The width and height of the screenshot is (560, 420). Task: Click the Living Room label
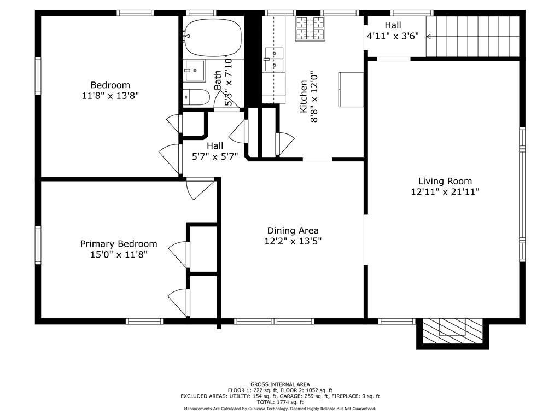click(445, 181)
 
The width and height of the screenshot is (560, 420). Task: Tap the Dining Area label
click(293, 231)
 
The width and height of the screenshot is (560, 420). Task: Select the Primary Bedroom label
click(119, 244)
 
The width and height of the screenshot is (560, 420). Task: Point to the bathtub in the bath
click(213, 38)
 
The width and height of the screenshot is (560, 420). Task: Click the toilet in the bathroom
click(196, 97)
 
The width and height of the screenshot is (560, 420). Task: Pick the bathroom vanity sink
click(195, 71)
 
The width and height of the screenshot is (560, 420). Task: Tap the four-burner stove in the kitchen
click(311, 28)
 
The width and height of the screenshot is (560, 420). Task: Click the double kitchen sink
click(275, 59)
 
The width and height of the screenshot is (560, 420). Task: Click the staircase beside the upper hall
click(472, 37)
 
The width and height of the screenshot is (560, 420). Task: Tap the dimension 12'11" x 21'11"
click(445, 192)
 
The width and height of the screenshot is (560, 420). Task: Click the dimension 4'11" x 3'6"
click(393, 36)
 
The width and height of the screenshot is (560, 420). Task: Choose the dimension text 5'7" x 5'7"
click(215, 156)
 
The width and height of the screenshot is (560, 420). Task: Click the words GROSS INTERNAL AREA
click(280, 384)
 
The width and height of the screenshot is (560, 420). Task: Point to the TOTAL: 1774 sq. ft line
click(280, 402)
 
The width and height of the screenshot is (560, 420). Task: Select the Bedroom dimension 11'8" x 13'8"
click(110, 96)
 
